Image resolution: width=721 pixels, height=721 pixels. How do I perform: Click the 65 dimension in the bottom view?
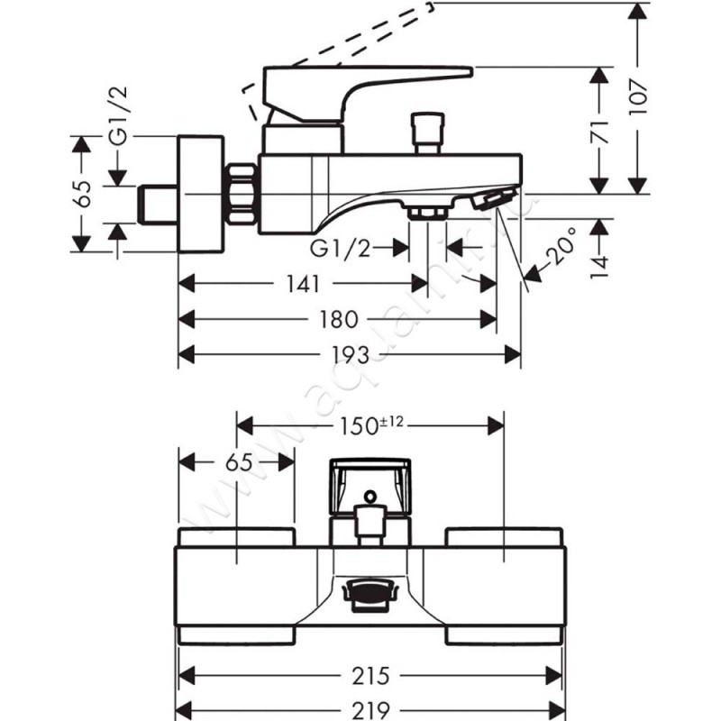tap(237, 463)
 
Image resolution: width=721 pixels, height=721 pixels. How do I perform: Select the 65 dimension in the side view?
tap(83, 194)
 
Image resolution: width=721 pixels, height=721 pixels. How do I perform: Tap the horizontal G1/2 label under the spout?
tap(341, 246)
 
